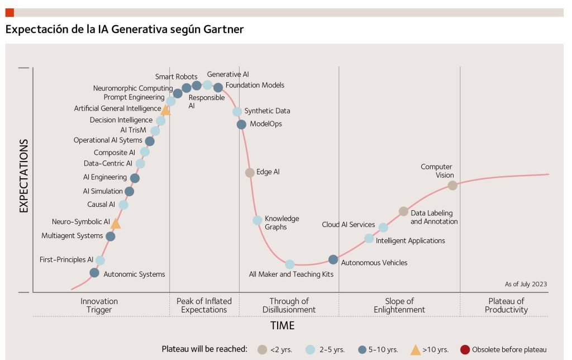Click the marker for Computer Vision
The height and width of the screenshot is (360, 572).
click(x=452, y=185)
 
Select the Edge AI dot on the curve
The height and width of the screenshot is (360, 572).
click(x=250, y=172)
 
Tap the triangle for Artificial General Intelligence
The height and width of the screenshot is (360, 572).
click(x=165, y=110)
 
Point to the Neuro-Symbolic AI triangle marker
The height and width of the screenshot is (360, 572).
click(x=116, y=224)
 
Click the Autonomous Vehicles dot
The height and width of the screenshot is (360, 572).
click(x=333, y=259)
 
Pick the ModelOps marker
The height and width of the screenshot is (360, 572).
click(x=241, y=124)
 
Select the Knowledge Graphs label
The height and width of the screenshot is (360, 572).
click(x=282, y=222)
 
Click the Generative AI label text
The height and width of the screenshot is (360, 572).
click(x=228, y=74)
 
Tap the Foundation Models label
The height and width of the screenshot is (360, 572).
click(x=255, y=86)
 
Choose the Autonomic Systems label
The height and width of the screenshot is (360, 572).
click(x=134, y=274)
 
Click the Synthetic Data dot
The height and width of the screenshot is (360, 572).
click(x=237, y=112)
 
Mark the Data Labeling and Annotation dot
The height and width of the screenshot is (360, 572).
click(x=403, y=211)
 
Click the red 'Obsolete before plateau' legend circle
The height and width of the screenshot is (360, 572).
click(x=465, y=350)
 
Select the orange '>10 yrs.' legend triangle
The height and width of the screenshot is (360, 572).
click(x=416, y=350)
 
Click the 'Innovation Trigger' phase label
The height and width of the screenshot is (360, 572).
click(x=99, y=305)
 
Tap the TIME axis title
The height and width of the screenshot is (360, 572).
click(x=282, y=325)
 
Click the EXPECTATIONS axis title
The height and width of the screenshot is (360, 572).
click(x=23, y=177)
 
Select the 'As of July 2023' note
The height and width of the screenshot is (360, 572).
click(x=525, y=284)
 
